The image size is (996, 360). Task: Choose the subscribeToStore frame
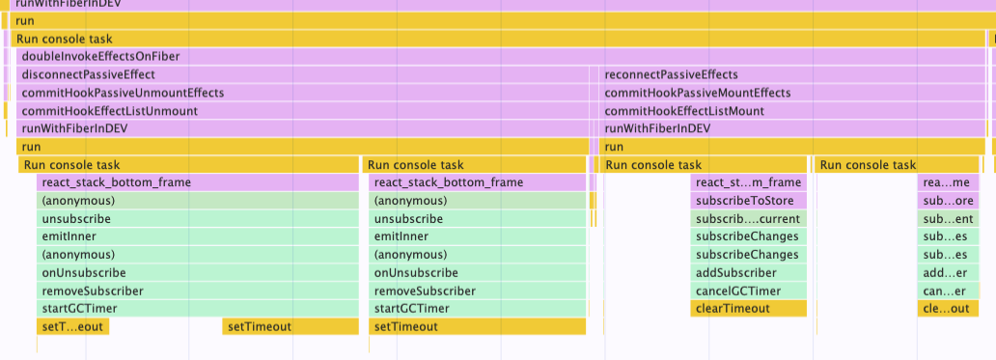tap(748, 201)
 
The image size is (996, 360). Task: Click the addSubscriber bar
tap(748, 273)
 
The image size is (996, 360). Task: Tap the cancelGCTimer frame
tap(748, 291)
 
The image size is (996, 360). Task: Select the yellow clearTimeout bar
tap(748, 309)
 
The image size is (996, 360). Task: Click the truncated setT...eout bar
tap(72, 327)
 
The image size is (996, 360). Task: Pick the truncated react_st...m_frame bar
tap(748, 182)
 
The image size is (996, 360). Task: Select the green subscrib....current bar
tap(748, 219)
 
